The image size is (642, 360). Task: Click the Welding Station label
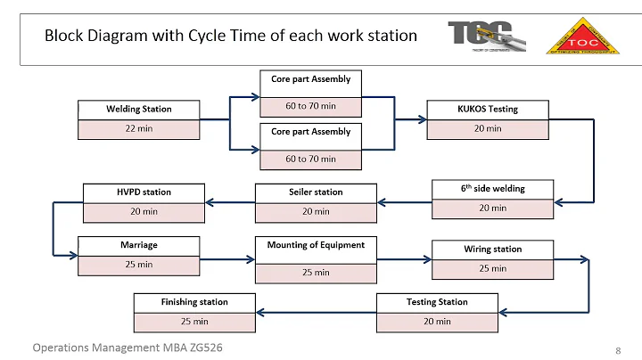pyautogui.click(x=139, y=109)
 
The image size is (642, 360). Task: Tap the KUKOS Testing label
pyautogui.click(x=488, y=109)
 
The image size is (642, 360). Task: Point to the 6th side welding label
pyautogui.click(x=492, y=188)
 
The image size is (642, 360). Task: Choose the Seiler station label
pyautogui.click(x=316, y=192)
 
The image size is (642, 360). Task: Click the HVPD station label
pyautogui.click(x=144, y=192)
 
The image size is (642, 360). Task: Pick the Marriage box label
pyautogui.click(x=138, y=243)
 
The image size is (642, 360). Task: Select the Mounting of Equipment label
pyautogui.click(x=316, y=244)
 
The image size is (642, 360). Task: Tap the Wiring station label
pyautogui.click(x=492, y=249)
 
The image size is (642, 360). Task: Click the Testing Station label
pyautogui.click(x=437, y=301)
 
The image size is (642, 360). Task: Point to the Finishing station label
pyautogui.click(x=194, y=301)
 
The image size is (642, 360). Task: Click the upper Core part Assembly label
pyautogui.click(x=311, y=79)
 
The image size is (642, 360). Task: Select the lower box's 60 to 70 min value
pyautogui.click(x=311, y=159)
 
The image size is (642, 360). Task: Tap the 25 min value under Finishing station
pyautogui.click(x=194, y=321)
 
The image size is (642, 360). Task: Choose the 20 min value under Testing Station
pyautogui.click(x=437, y=321)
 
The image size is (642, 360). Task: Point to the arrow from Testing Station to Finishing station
pyautogui.click(x=317, y=311)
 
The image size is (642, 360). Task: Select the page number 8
pyautogui.click(x=618, y=349)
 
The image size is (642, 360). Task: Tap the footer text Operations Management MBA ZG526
pyautogui.click(x=128, y=348)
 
